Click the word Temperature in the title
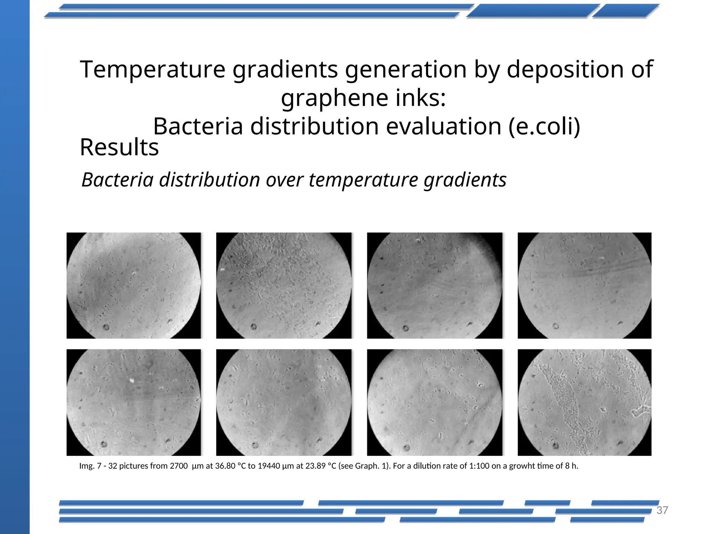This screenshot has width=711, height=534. tap(152, 69)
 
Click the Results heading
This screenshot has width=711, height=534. tap(119, 147)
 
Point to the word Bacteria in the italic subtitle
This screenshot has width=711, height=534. tap(117, 180)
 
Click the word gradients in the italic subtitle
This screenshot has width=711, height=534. tap(465, 180)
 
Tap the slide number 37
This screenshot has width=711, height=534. tap(662, 510)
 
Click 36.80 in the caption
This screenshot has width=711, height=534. tap(225, 466)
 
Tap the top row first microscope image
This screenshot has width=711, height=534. tap(134, 285)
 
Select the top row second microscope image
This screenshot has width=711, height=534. tap(284, 285)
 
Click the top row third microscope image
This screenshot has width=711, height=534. tap(434, 285)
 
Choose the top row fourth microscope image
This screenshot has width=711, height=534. tap(584, 285)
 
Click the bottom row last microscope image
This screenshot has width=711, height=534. tap(584, 402)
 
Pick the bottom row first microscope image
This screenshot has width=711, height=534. tap(134, 402)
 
